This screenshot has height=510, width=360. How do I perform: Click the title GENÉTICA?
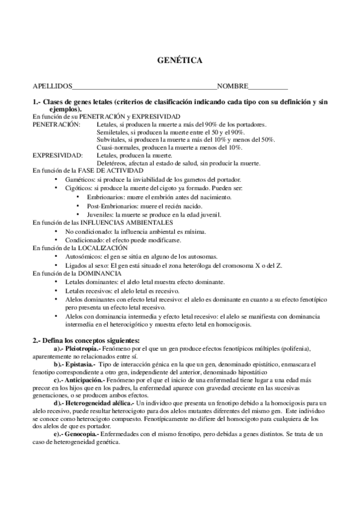[180, 61]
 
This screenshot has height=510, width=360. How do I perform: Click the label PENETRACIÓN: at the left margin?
[56, 123]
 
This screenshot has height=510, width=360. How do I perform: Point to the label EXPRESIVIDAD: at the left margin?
[57, 155]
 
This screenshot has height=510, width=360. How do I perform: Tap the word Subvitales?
[111, 139]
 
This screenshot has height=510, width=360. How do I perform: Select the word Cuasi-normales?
[117, 147]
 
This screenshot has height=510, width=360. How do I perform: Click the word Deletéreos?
[111, 162]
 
